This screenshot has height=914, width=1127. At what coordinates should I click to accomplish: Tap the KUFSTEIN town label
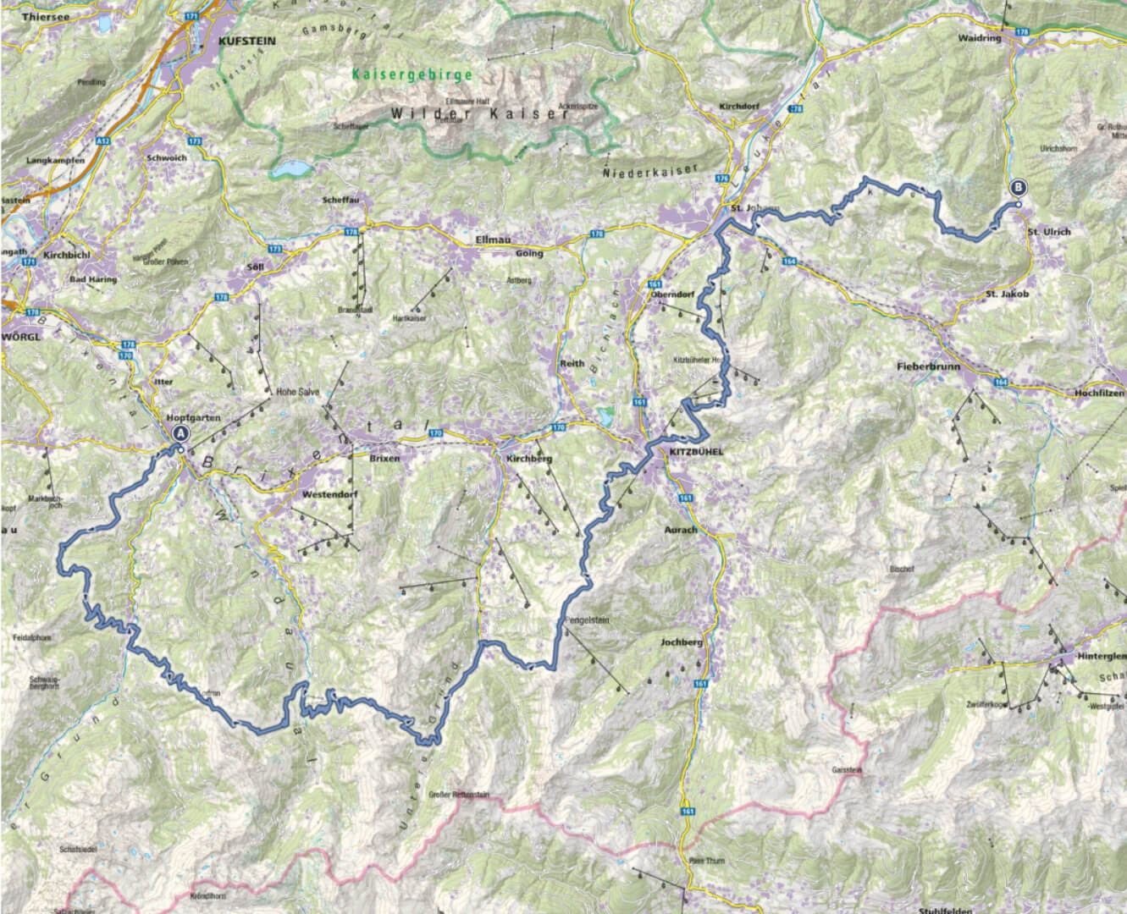246,40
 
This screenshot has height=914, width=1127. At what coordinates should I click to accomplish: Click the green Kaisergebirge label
412,74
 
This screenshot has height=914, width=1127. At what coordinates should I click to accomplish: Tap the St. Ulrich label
1048,232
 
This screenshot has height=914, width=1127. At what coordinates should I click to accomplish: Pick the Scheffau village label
335,201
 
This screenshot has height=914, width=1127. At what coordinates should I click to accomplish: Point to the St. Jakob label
1007,294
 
